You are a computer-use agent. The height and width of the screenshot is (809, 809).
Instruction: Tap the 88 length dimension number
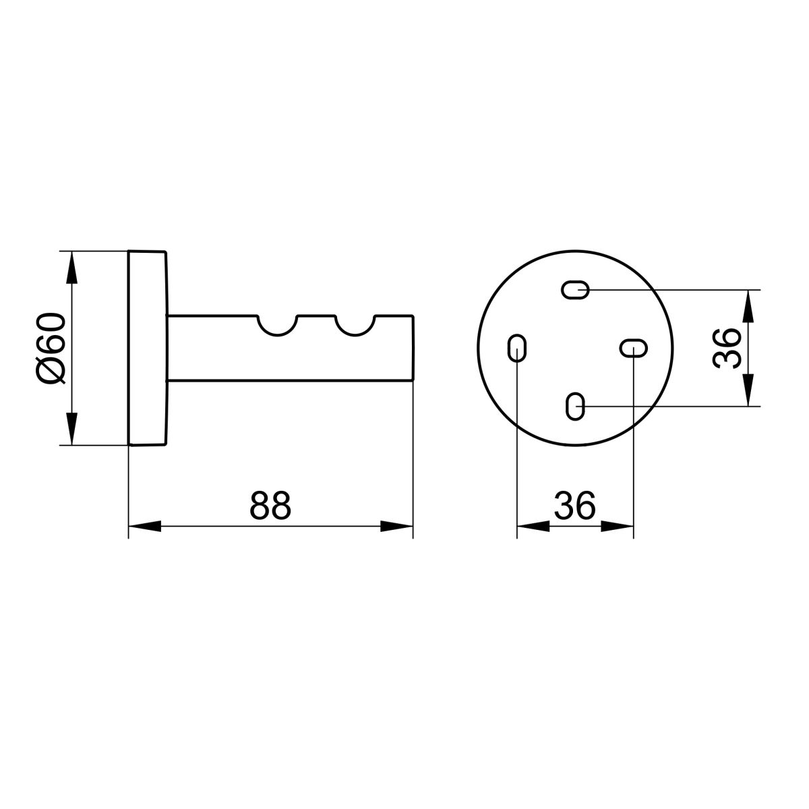click(x=270, y=505)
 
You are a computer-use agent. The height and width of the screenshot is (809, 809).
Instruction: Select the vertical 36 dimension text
click(x=727, y=348)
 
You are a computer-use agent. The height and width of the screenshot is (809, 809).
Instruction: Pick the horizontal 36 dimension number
click(x=575, y=505)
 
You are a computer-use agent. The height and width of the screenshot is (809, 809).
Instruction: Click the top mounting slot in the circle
click(x=575, y=290)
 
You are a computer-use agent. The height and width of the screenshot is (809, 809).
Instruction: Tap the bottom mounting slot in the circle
click(x=575, y=407)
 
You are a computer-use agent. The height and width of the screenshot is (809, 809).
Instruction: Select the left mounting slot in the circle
click(x=517, y=348)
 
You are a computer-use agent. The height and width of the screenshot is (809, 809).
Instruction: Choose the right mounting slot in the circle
click(x=634, y=348)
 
